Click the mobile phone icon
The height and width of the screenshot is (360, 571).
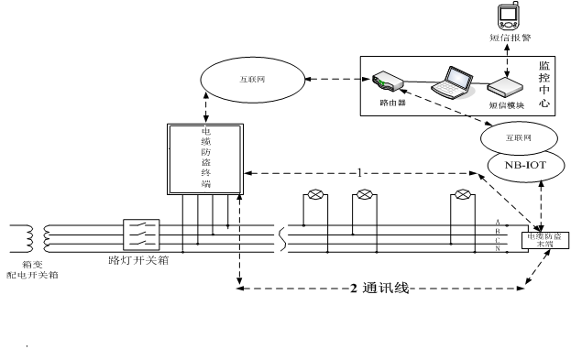point(505,16)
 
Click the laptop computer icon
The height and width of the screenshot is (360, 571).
point(455,81)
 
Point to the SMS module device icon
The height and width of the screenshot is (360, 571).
point(506,88)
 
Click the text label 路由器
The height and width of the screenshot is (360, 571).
point(391,104)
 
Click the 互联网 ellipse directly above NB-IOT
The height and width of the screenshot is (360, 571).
point(519,138)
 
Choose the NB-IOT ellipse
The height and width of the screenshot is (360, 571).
point(519,167)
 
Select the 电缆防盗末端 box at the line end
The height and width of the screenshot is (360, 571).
point(543,240)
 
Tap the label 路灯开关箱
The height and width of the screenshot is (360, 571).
point(138,260)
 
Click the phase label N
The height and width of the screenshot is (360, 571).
point(497,249)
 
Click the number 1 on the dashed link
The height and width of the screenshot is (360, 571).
point(362,171)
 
